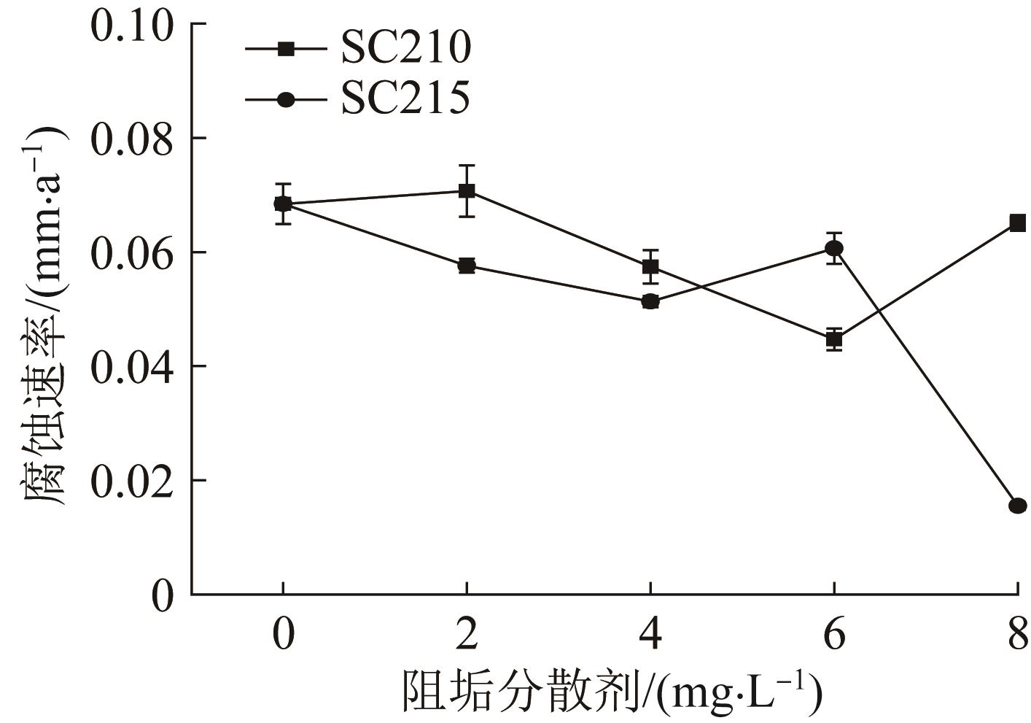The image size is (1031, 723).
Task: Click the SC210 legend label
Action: (x=405, y=48)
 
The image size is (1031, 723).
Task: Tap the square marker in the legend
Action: (x=287, y=49)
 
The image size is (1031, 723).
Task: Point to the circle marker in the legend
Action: (x=287, y=99)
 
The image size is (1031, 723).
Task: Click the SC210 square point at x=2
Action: (x=467, y=191)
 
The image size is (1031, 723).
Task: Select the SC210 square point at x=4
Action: (x=650, y=266)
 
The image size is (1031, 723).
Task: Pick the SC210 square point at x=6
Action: (x=834, y=339)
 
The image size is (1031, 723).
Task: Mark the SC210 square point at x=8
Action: (x=1018, y=223)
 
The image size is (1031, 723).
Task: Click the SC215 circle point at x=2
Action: (x=467, y=266)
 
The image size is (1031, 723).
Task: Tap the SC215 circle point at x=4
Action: (x=650, y=301)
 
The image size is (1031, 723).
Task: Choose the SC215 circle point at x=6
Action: (x=834, y=249)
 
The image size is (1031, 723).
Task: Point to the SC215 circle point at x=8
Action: (x=1018, y=506)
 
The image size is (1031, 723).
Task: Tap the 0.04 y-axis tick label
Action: (x=132, y=367)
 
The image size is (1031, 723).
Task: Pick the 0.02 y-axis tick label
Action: (x=132, y=481)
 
